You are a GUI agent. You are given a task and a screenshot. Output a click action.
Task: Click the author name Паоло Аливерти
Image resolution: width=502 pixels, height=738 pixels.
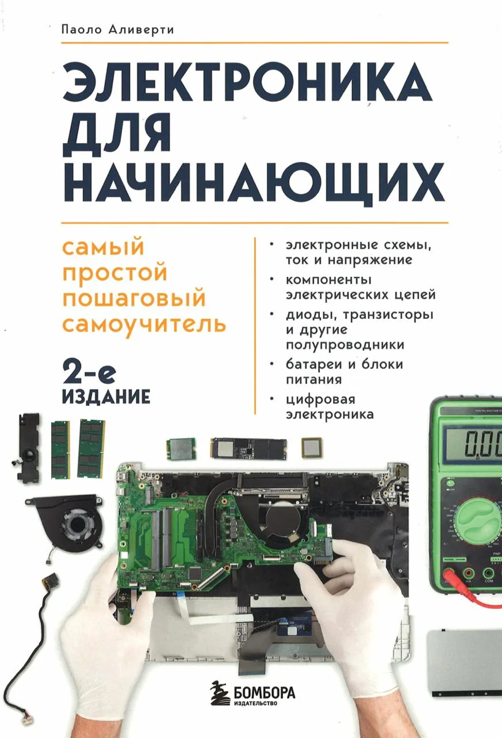(118, 30)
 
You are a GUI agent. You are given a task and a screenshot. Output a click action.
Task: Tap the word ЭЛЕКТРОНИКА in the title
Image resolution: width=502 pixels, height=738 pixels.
(247, 82)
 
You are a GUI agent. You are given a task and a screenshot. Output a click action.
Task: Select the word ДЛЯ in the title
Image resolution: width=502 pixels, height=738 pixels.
(116, 133)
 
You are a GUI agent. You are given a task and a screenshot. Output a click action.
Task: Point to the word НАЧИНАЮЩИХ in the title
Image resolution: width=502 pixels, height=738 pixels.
(254, 183)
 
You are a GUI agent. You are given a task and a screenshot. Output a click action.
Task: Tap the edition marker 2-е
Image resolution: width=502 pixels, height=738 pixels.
(89, 375)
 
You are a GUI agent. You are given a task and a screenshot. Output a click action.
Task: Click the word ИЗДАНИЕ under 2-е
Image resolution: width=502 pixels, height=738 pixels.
(106, 397)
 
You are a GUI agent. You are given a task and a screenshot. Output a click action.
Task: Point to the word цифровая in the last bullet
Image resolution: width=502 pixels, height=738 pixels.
(320, 400)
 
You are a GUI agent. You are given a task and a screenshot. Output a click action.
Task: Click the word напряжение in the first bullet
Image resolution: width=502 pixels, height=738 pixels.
(369, 260)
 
